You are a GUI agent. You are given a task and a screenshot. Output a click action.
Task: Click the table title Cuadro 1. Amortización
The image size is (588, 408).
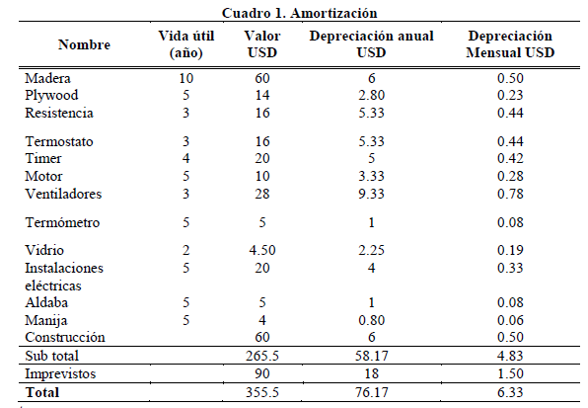click(299, 13)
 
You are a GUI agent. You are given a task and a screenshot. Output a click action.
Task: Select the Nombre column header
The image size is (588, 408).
click(84, 44)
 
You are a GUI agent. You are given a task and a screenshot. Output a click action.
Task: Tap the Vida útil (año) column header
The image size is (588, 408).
click(186, 44)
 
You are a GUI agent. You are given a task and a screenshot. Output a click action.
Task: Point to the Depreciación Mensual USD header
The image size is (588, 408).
click(510, 44)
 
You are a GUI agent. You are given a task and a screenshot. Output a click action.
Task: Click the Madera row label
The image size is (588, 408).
click(47, 78)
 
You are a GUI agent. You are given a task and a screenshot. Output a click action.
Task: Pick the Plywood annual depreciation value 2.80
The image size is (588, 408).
click(371, 95)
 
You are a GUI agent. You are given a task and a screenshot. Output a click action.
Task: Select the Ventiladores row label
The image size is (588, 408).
click(63, 194)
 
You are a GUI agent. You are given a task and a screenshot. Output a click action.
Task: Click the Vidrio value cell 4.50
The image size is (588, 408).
click(262, 250)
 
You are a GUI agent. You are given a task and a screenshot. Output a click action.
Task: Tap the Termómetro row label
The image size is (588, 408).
click(62, 222)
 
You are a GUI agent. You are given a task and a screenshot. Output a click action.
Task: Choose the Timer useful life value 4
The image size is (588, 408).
click(186, 158)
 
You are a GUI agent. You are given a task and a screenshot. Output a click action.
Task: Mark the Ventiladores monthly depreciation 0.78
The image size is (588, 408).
click(510, 194)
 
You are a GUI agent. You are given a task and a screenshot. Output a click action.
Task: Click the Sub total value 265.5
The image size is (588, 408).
click(262, 356)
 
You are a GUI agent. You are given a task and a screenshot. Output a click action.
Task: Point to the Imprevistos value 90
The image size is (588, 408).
click(262, 373)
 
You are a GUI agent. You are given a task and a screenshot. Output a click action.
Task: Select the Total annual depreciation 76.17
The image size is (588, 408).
click(371, 392)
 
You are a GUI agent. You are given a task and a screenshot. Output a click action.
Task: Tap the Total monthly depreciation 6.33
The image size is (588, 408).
click(510, 392)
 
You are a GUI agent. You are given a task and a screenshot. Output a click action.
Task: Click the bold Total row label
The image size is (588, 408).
click(42, 392)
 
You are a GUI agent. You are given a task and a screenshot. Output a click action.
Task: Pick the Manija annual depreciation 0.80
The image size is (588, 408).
click(371, 320)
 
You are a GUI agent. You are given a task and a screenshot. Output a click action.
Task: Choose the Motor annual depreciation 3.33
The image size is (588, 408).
click(371, 176)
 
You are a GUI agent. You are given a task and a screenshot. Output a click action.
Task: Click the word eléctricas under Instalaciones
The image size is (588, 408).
click(53, 286)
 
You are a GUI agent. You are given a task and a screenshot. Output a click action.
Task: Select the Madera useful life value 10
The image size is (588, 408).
click(186, 78)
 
